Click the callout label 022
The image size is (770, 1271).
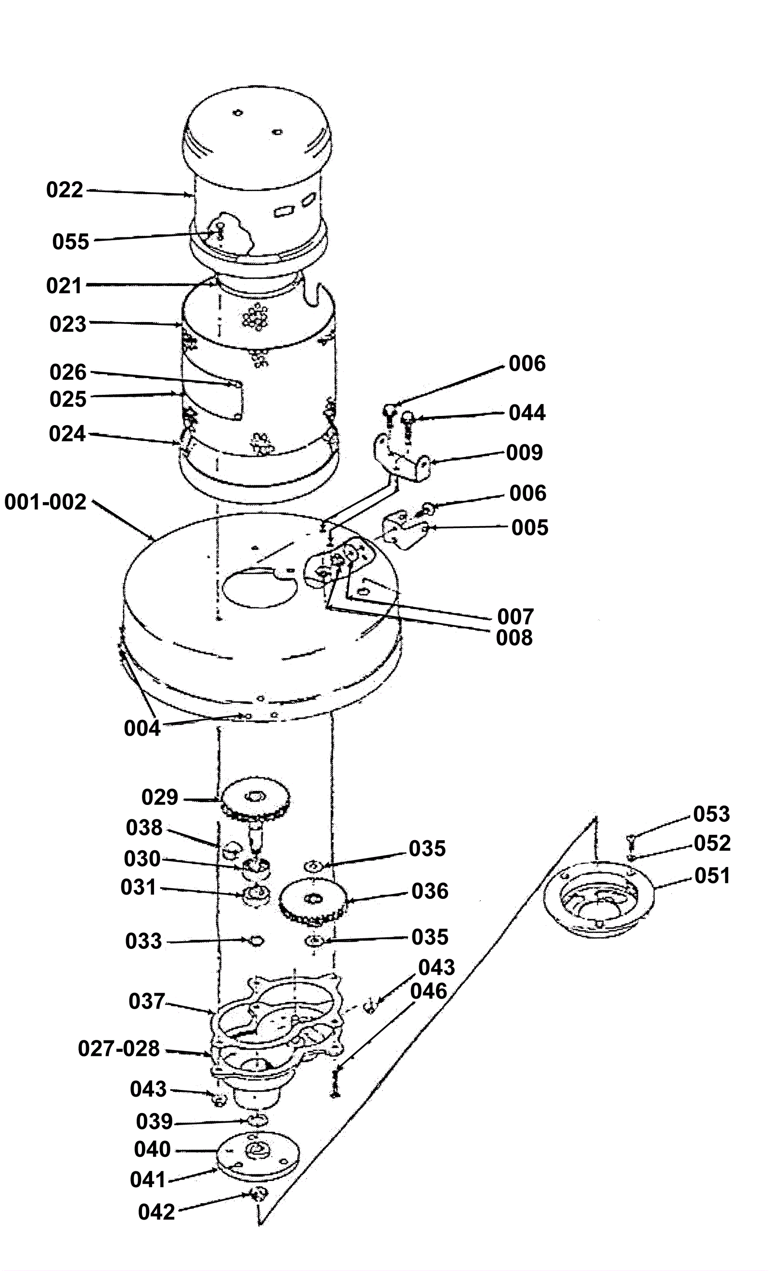pyautogui.click(x=64, y=190)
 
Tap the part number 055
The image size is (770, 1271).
pyautogui.click(x=71, y=241)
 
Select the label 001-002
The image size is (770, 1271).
pyautogui.click(x=45, y=502)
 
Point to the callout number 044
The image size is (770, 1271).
pyautogui.click(x=527, y=413)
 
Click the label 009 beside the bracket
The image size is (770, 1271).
pyautogui.click(x=525, y=453)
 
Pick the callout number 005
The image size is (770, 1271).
pyautogui.click(x=530, y=528)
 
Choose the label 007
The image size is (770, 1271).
pyautogui.click(x=515, y=616)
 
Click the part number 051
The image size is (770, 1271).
pyautogui.click(x=712, y=875)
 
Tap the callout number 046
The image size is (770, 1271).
pyautogui.click(x=429, y=991)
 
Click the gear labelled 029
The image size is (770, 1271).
pyautogui.click(x=255, y=801)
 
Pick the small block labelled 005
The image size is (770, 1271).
pyautogui.click(x=405, y=530)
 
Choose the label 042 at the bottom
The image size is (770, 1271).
pyautogui.click(x=157, y=1212)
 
